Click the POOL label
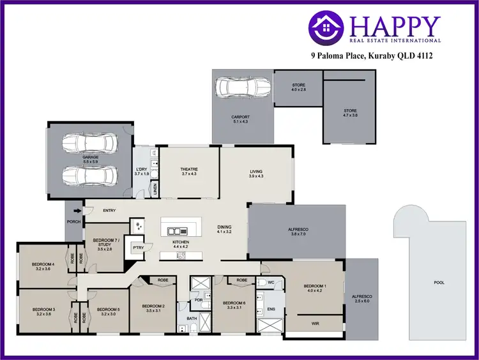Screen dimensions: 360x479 click(x=439, y=282)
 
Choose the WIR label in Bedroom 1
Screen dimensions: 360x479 click(x=314, y=324)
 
